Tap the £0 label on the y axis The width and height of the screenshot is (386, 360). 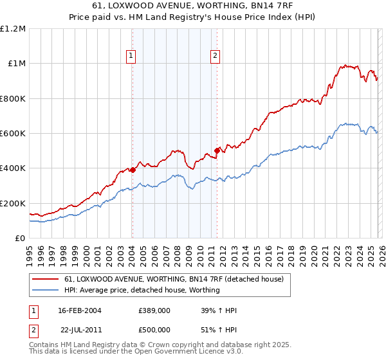tap(19, 239)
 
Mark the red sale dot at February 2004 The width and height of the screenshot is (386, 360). tap(133, 170)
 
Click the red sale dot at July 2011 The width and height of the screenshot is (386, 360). tap(217, 151)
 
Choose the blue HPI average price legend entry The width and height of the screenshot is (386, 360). tap(142, 290)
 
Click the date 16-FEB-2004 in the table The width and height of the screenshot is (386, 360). tap(79, 310)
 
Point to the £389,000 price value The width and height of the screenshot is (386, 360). tap(154, 310)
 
